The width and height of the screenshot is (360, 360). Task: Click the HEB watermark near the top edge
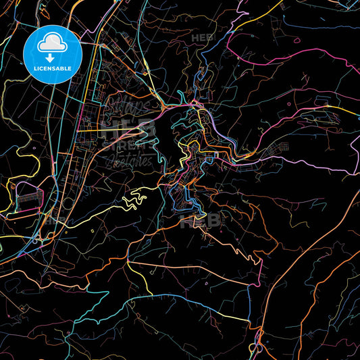[x=203, y=38]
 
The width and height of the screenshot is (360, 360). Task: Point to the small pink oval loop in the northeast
[x=290, y=104]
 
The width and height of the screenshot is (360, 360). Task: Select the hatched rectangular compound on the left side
[x=28, y=197]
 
